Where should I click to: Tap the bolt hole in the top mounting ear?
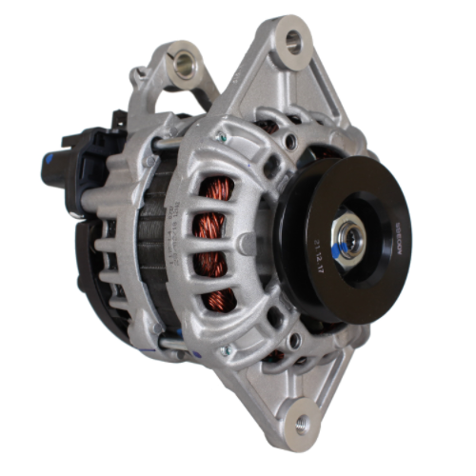(293, 41)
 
